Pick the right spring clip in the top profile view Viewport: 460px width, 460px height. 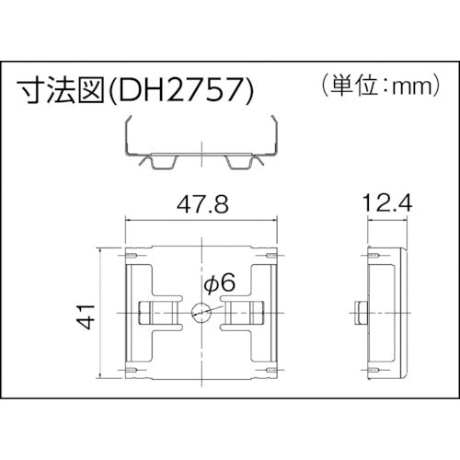[240, 163]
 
